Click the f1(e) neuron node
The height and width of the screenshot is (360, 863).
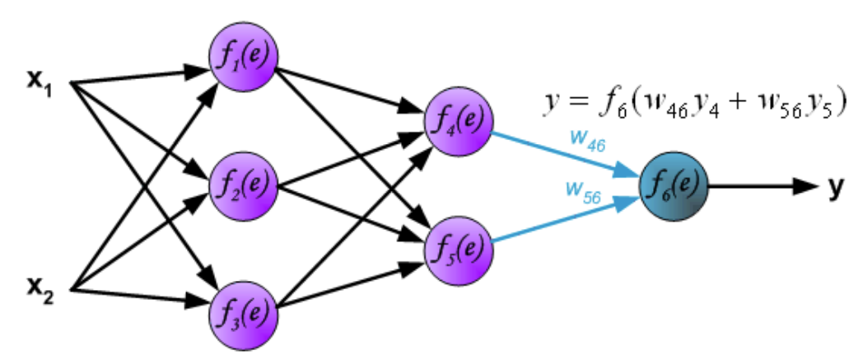[x=243, y=58]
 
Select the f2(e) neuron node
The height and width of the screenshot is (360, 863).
[x=243, y=187]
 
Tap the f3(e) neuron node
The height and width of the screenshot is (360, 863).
[x=243, y=316]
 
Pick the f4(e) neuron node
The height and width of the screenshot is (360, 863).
[x=459, y=122]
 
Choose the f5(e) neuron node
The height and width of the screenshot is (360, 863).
[x=459, y=250]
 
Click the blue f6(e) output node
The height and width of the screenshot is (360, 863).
[x=674, y=187]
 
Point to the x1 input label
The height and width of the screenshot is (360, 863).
[x=40, y=84]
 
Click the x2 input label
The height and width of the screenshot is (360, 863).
[x=40, y=290]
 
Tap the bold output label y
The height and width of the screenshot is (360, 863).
[x=836, y=189]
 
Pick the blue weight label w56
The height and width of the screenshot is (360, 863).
[x=583, y=191]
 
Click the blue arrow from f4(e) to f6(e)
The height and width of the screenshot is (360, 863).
[x=566, y=153]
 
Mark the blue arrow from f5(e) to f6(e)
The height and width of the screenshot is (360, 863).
[x=566, y=220]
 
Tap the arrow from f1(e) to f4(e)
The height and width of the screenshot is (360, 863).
[x=351, y=89]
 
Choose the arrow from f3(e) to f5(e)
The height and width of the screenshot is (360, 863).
[x=351, y=286]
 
